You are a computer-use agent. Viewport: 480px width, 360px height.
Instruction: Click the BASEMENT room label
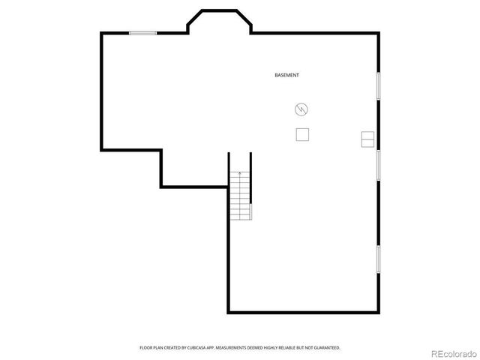[x=287, y=75]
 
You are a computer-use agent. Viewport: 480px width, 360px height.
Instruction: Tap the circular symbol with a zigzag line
[x=301, y=109]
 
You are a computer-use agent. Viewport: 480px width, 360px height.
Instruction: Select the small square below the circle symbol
[x=303, y=134]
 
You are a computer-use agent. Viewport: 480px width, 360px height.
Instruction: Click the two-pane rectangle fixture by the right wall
[x=368, y=139]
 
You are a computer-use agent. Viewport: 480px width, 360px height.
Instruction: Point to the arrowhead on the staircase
[x=240, y=173]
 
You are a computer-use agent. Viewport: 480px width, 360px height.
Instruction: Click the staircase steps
[x=240, y=196]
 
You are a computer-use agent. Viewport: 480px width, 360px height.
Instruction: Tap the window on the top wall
[x=142, y=32]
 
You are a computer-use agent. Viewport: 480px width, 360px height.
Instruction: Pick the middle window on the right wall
[x=379, y=163]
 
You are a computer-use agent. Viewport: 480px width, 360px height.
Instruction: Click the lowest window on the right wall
[x=379, y=259]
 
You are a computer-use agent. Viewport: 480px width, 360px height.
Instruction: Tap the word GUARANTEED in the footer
[x=328, y=348]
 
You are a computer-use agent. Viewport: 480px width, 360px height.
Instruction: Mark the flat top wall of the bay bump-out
[x=218, y=10]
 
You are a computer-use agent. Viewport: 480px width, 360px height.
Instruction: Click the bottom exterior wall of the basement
[x=304, y=312]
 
